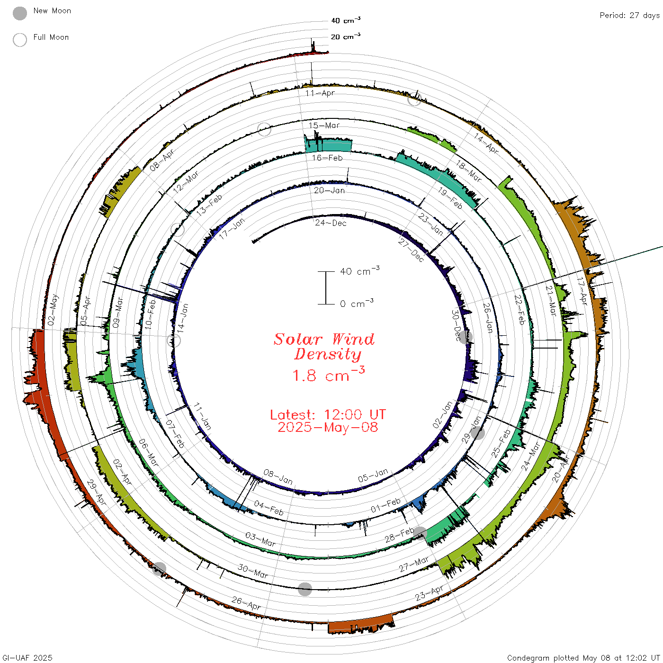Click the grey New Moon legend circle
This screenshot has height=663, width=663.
(x=19, y=13)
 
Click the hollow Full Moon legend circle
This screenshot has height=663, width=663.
(x=19, y=40)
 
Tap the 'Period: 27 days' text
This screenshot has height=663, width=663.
(x=630, y=16)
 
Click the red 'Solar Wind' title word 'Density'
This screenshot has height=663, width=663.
(x=328, y=354)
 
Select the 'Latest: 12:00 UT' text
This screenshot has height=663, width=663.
(x=328, y=414)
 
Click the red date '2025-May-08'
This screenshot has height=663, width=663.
(x=328, y=427)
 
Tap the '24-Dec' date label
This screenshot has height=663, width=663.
(x=331, y=223)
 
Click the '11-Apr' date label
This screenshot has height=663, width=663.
(x=320, y=93)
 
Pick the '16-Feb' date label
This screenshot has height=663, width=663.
(x=327, y=158)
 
